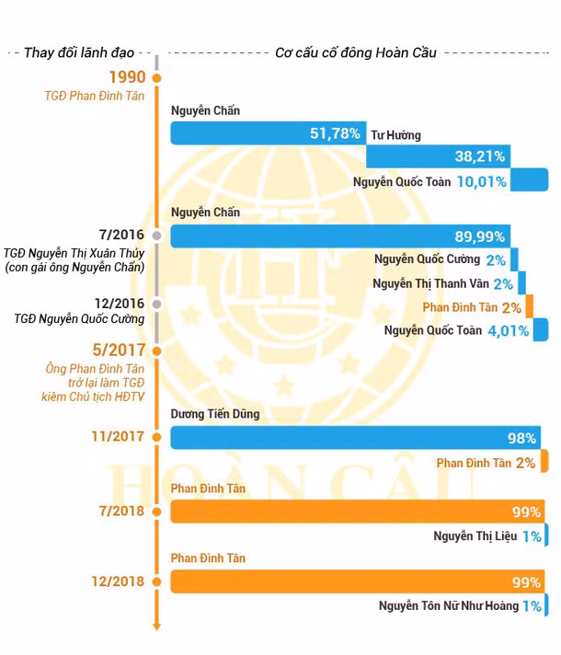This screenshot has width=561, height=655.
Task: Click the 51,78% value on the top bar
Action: coord(335,133)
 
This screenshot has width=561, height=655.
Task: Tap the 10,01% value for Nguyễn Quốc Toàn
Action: coord(482,181)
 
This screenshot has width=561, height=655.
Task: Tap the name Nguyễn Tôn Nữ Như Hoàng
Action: coord(447,606)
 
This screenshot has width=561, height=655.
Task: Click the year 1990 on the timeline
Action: coord(129,77)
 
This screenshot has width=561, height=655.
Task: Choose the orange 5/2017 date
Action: coord(120,350)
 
